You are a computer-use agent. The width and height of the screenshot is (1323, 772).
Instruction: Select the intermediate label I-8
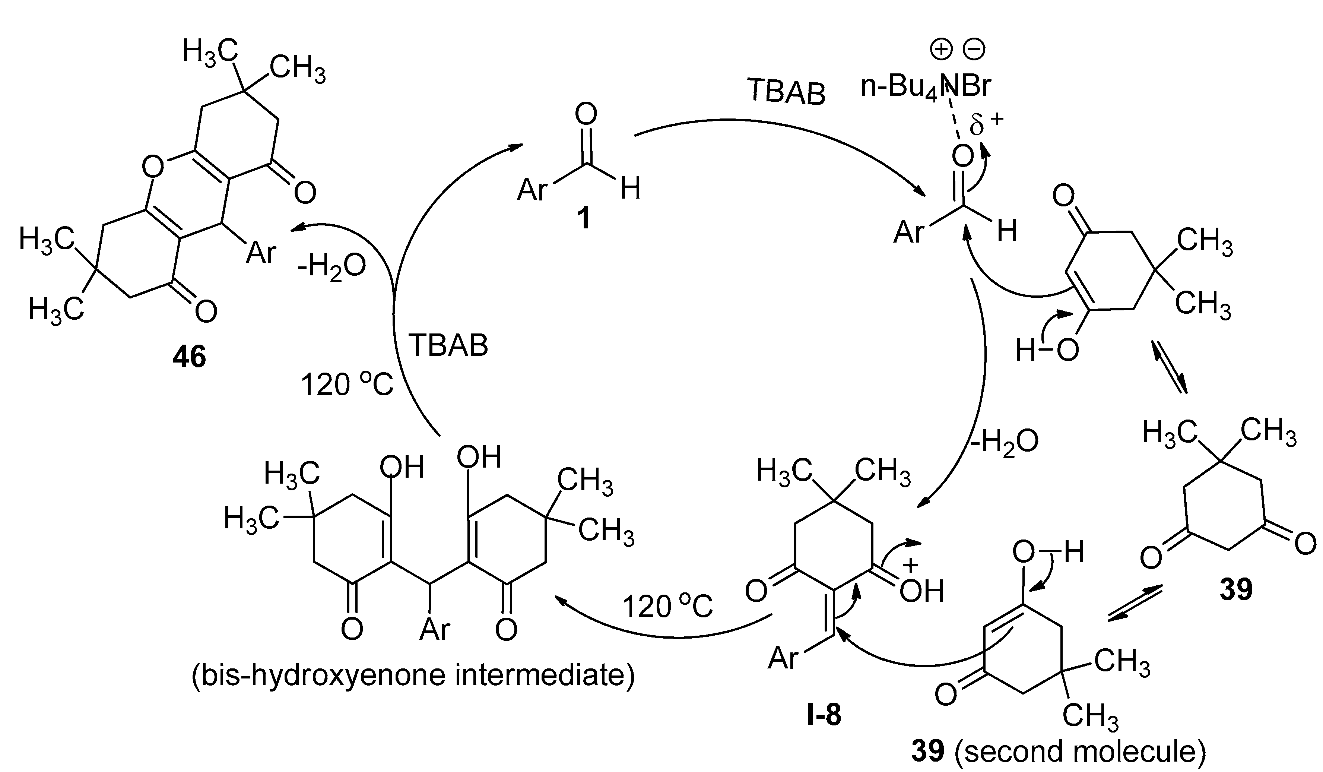(x=824, y=715)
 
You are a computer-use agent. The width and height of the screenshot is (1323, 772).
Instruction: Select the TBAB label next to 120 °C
(x=448, y=345)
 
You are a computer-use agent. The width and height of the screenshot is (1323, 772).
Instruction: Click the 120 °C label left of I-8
(x=667, y=607)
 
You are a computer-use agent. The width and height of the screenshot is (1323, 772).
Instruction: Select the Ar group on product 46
(x=261, y=253)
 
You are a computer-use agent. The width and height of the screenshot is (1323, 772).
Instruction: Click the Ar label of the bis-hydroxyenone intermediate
(x=435, y=628)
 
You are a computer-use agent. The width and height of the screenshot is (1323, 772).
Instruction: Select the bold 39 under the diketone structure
(x=1236, y=589)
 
